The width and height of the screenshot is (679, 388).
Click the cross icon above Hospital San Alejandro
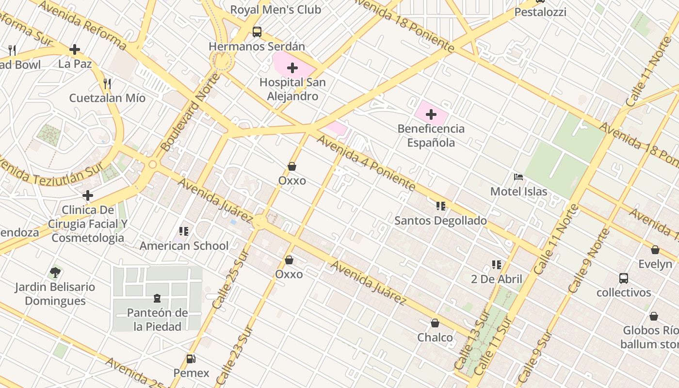coord(292,68)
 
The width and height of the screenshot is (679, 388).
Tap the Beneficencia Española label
coord(431,136)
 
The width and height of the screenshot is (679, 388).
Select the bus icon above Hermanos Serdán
coord(257,32)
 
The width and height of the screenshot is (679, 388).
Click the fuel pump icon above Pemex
coord(191,359)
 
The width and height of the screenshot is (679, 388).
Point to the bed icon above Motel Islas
coord(518,177)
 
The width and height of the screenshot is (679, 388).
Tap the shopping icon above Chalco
coord(435,323)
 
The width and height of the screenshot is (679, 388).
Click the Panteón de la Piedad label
coord(157,320)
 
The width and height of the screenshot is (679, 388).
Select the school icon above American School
coord(183,231)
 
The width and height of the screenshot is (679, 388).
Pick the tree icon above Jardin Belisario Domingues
coord(55,272)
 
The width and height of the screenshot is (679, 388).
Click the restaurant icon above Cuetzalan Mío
coord(107,83)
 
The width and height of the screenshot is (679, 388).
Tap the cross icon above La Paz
coord(75,49)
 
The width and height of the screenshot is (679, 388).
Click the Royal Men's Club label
coord(275,10)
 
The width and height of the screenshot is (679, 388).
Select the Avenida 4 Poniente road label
coord(366,163)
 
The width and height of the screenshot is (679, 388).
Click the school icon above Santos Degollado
coord(440,206)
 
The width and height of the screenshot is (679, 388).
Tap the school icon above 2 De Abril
coord(496,265)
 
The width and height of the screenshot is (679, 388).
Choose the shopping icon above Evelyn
coord(655,250)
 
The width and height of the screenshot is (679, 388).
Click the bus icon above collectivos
coord(624,278)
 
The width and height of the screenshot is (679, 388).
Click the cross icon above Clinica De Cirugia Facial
coord(88,195)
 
